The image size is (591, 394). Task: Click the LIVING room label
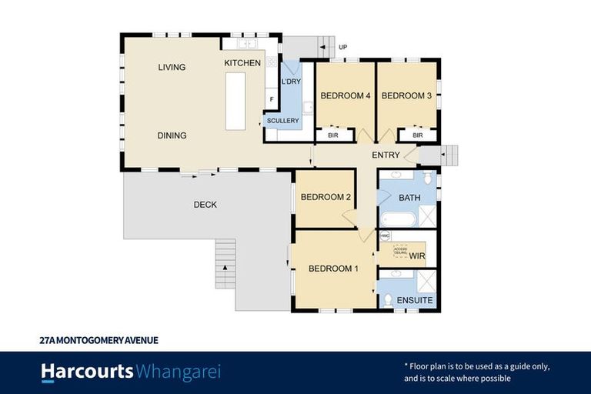(x=172, y=68)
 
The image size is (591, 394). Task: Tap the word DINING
(x=172, y=135)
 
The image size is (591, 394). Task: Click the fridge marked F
(x=271, y=99)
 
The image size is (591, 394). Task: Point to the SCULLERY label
(x=282, y=121)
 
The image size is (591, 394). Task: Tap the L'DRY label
(x=291, y=82)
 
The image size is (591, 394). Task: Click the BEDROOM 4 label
(x=346, y=96)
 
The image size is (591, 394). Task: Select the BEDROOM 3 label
(x=406, y=96)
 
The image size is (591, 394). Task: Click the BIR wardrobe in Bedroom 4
(x=333, y=135)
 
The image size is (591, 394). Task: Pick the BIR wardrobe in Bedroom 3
(x=418, y=135)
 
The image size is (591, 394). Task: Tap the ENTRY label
(x=386, y=155)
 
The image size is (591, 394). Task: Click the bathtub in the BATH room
(x=397, y=219)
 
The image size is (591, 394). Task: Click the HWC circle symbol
(x=385, y=235)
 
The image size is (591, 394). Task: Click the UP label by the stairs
(x=343, y=48)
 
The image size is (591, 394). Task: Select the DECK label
(x=205, y=205)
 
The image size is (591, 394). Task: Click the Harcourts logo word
(x=87, y=372)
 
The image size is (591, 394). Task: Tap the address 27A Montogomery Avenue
(x=98, y=339)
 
